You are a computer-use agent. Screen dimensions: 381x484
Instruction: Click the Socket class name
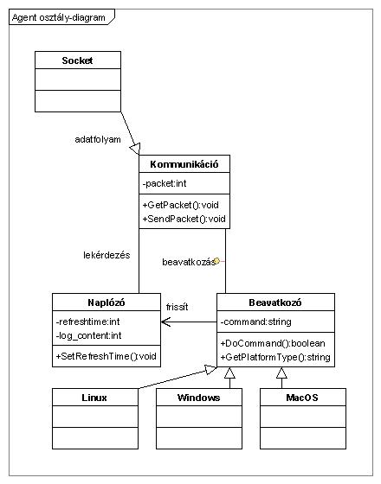77,60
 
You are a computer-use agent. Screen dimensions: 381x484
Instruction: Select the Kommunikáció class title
184,164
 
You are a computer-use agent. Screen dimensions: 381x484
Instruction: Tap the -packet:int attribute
165,183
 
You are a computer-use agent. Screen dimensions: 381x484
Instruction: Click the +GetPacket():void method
181,205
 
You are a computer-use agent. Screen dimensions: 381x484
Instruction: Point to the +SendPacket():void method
184,219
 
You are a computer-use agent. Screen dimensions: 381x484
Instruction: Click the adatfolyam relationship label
98,139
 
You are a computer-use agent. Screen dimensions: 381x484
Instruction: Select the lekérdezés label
107,255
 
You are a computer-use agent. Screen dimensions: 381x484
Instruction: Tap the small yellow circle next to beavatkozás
216,261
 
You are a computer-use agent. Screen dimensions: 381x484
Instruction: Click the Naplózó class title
107,302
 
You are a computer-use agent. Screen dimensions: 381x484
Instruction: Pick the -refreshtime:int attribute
87,322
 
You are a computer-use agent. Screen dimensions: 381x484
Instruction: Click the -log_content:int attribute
88,335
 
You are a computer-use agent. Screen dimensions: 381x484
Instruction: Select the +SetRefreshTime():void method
106,356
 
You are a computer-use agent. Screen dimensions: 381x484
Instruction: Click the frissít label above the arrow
177,307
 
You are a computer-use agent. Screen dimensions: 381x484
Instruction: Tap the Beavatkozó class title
275,302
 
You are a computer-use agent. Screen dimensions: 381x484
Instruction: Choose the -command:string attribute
255,322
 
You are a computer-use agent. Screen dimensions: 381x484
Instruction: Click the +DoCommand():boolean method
273,344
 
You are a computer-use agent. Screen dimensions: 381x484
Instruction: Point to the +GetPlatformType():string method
275,358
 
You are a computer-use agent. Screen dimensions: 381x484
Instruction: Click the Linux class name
94,398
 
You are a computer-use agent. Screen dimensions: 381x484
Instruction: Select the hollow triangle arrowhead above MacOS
281,373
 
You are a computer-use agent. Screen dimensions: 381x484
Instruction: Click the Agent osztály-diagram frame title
59,17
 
